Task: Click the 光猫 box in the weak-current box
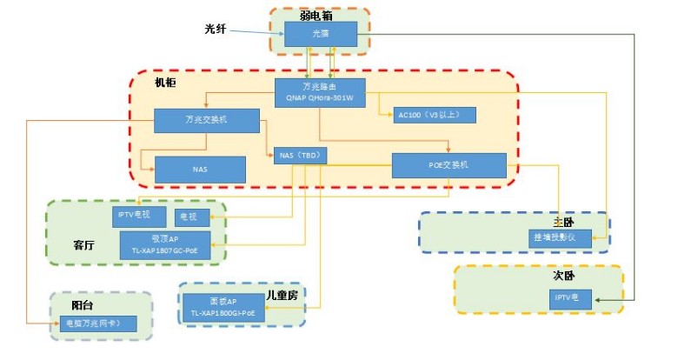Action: coord(320,34)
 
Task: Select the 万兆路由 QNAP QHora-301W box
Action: coord(319,92)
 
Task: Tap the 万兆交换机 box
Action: coord(206,121)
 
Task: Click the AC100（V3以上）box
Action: coord(426,115)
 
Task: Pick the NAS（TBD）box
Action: coord(300,156)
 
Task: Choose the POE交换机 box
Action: coord(449,165)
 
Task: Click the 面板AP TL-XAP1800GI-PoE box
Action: coord(222,307)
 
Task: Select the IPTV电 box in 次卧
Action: coord(572,298)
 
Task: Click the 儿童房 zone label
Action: coord(285,296)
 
